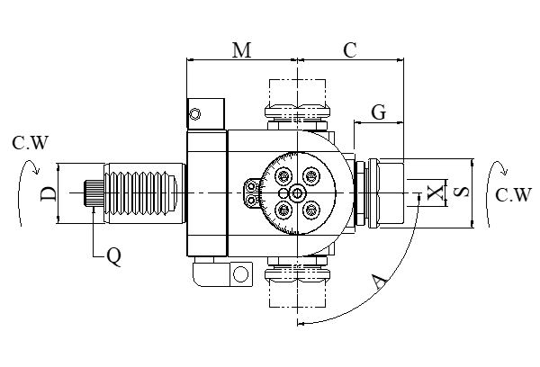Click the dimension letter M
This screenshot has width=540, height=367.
pyautogui.click(x=241, y=50)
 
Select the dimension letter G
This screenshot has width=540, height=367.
pyautogui.click(x=379, y=112)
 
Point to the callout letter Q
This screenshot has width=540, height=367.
pyautogui.click(x=113, y=256)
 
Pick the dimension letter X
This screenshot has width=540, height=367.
pyautogui.click(x=436, y=192)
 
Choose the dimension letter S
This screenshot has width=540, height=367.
pyautogui.click(x=460, y=192)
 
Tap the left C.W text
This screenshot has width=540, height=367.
pyautogui.click(x=31, y=142)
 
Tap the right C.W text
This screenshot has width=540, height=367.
pyautogui.click(x=513, y=195)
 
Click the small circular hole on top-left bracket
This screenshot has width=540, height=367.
pyautogui.click(x=195, y=113)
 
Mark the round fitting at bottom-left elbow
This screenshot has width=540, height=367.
pyautogui.click(x=240, y=273)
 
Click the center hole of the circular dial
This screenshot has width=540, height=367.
pyautogui.click(x=297, y=193)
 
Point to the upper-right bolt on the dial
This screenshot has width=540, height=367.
pyautogui.click(x=311, y=176)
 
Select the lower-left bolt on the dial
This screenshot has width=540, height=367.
pyautogui.click(x=283, y=210)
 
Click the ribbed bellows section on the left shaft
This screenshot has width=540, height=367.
pyautogui.click(x=143, y=192)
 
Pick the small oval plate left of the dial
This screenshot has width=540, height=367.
pyautogui.click(x=252, y=192)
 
